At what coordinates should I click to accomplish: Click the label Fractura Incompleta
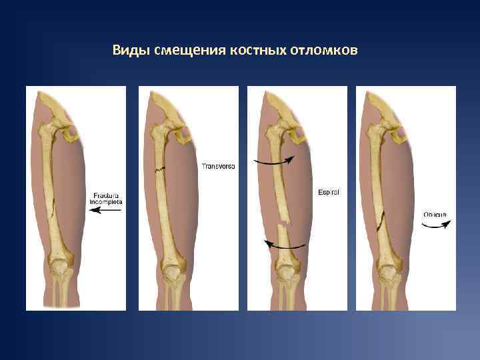point(106,198)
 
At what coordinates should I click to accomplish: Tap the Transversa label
point(218,165)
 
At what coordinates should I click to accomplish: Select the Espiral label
point(328,192)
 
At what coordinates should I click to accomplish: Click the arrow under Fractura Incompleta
point(105,210)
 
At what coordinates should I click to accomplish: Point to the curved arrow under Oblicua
point(436,226)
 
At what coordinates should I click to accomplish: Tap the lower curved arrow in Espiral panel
point(285,245)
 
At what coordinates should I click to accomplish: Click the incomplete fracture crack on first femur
point(53,214)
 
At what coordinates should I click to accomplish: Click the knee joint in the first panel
point(62,269)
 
